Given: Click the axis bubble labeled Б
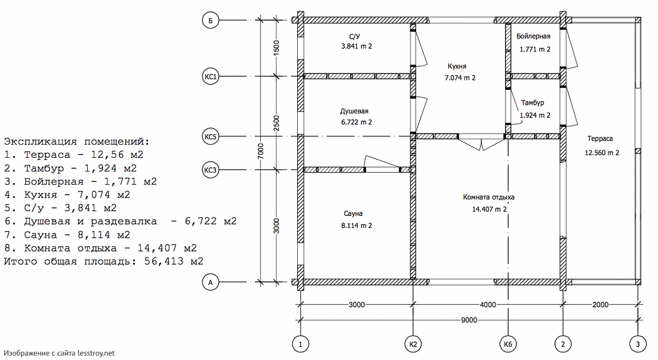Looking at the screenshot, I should pyautogui.click(x=211, y=20).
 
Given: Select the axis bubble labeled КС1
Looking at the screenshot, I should pyautogui.click(x=211, y=77).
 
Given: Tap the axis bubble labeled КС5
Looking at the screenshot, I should pyautogui.click(x=211, y=136).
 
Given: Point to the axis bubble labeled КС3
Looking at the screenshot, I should pyautogui.click(x=211, y=170).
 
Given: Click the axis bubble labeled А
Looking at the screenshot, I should pyautogui.click(x=211, y=283).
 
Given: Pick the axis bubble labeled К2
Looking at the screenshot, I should pyautogui.click(x=413, y=344).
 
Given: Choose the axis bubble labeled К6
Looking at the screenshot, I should pyautogui.click(x=508, y=344).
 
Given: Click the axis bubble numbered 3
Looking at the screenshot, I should pyautogui.click(x=638, y=344).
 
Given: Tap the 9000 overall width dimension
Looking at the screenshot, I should pyautogui.click(x=469, y=319).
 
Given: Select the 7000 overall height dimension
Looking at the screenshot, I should pyautogui.click(x=262, y=151).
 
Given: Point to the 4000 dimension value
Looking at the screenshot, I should pyautogui.click(x=487, y=304).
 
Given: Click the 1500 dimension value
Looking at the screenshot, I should pyautogui.click(x=276, y=48).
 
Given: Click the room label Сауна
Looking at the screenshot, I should pyautogui.click(x=354, y=214).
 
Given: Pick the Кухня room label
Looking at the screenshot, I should pyautogui.click(x=457, y=66).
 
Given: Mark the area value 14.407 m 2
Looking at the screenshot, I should pyautogui.click(x=489, y=209).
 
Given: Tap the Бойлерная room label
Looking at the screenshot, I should pyautogui.click(x=533, y=36).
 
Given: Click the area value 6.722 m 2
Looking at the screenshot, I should pyautogui.click(x=356, y=122).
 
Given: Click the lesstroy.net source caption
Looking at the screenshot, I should pyautogui.click(x=59, y=353).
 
